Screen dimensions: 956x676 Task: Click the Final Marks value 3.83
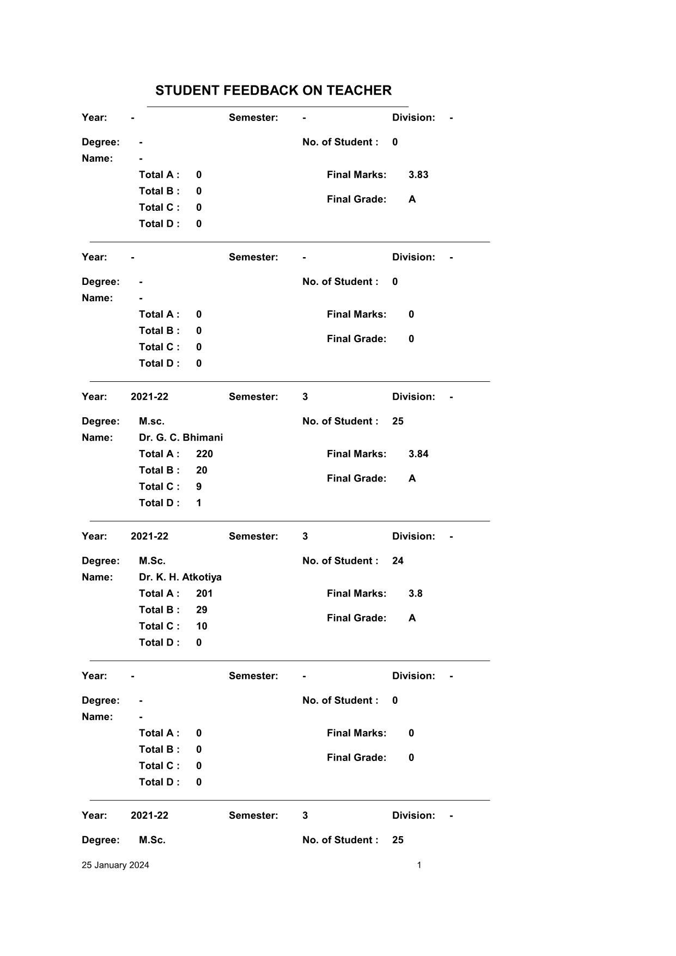(418, 175)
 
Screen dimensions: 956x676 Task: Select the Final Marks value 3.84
(418, 454)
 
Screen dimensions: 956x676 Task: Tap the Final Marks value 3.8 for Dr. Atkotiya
(416, 593)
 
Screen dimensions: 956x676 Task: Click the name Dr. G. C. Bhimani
(181, 437)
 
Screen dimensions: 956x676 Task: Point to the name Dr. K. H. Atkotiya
(180, 577)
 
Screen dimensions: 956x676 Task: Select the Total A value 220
(204, 454)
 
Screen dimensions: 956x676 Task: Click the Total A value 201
(204, 593)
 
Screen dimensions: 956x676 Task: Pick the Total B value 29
(202, 610)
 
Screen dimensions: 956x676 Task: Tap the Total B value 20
(202, 470)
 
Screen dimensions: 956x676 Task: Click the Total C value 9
(199, 486)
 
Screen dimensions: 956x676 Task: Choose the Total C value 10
(202, 626)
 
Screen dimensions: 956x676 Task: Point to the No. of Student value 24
(398, 561)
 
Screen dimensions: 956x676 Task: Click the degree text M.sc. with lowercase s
(151, 421)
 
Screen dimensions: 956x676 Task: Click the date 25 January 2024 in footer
(115, 865)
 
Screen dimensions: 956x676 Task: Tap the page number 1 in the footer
(419, 865)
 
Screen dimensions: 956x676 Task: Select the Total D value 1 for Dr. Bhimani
(199, 503)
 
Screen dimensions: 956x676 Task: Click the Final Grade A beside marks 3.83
(412, 199)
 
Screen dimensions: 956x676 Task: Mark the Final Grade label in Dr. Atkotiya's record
(356, 618)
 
